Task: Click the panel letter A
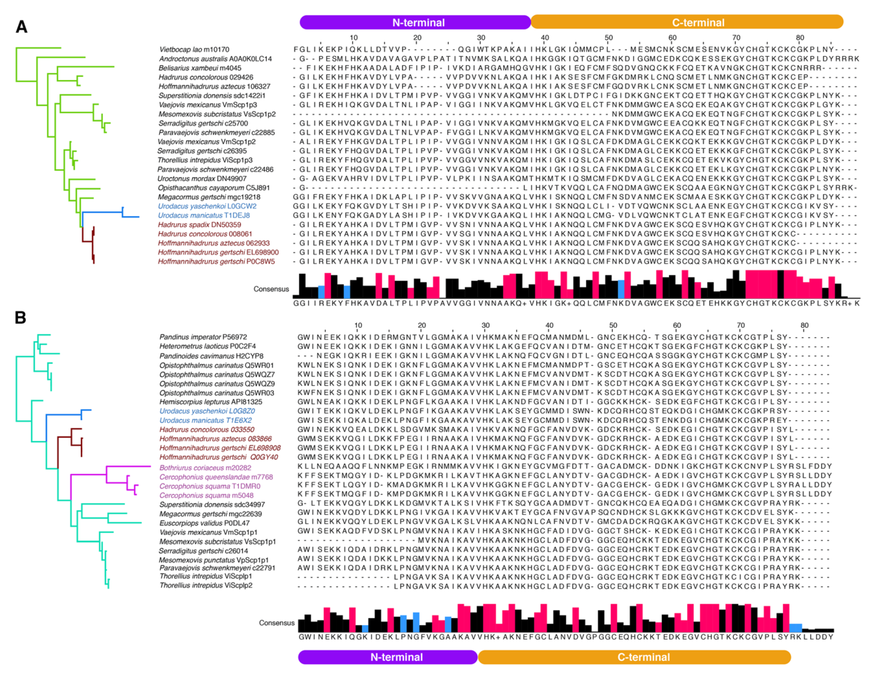coord(22,27)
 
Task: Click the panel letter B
coord(20,318)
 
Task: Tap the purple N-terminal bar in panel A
coord(415,22)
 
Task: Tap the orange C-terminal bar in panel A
coord(687,22)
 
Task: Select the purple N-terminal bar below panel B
coord(388,657)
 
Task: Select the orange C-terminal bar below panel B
coord(634,657)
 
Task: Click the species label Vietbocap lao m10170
coord(194,50)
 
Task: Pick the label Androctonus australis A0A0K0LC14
coord(215,59)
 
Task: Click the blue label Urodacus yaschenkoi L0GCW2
coord(207,206)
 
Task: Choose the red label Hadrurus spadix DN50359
coord(199,224)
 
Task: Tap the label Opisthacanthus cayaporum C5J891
coord(213,188)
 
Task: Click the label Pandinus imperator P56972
coord(203,337)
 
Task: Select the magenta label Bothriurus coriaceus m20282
coord(205,468)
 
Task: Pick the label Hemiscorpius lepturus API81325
coord(211,402)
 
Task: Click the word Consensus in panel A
coord(271,289)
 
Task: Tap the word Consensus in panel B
coord(277,623)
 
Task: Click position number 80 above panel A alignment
coord(800,38)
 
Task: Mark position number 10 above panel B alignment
coord(358,325)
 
